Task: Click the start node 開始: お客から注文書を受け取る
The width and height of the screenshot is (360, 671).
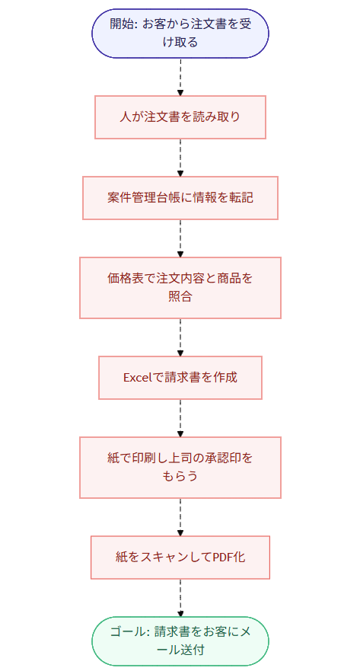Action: point(180,33)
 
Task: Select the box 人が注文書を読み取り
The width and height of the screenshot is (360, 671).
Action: point(180,117)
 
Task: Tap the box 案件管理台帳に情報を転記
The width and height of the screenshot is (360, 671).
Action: point(180,198)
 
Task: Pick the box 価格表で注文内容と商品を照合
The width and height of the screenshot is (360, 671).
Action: point(180,287)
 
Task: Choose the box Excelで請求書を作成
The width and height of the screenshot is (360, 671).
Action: point(180,378)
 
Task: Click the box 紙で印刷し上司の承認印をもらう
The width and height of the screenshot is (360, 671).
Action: point(180,467)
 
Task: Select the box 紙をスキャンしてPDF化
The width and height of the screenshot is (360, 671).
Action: point(180,558)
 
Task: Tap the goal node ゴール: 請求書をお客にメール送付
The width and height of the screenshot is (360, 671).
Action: point(180,641)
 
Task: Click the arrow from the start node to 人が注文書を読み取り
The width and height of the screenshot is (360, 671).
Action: point(180,76)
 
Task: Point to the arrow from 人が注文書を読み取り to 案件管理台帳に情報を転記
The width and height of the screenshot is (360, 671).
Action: point(180,158)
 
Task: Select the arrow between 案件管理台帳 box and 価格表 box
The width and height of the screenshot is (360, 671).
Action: point(180,238)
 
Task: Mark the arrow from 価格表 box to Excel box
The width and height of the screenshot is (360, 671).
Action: point(180,337)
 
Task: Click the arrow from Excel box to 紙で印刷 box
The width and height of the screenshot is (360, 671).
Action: point(180,417)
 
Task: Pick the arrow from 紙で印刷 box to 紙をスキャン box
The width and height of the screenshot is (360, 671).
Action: point(180,516)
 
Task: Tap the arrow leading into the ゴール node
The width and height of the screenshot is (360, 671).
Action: point(180,597)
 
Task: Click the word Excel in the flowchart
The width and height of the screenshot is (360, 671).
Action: point(139,378)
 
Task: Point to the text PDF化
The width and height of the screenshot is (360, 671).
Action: point(227,558)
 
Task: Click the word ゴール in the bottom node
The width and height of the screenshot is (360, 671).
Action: point(127,631)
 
